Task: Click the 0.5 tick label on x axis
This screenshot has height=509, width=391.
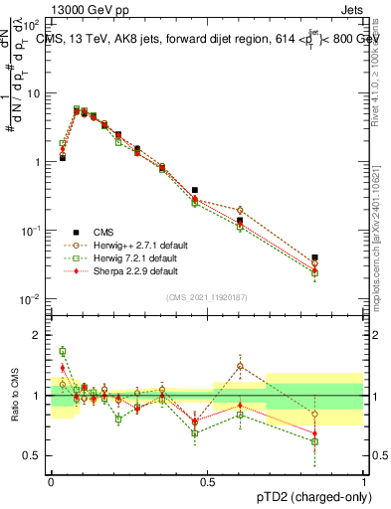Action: pos(207,480)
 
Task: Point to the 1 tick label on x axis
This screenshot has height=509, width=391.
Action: pos(364,480)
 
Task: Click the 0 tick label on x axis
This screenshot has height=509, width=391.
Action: pos(50,480)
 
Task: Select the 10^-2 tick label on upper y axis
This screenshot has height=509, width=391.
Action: pos(33,299)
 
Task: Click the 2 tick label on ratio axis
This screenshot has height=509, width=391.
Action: pos(39,335)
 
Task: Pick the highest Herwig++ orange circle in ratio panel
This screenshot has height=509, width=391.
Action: pos(240,367)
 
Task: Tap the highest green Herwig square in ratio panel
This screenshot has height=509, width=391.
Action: pos(62,351)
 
